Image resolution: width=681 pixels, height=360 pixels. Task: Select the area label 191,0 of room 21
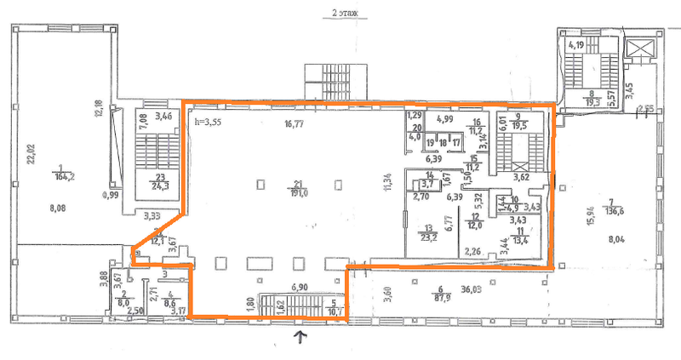click(299, 192)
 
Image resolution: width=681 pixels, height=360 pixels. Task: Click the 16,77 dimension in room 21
click(296, 123)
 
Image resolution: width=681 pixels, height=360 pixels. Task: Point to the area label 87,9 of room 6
click(439, 297)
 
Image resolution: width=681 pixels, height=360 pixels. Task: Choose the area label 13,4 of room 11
click(520, 239)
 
